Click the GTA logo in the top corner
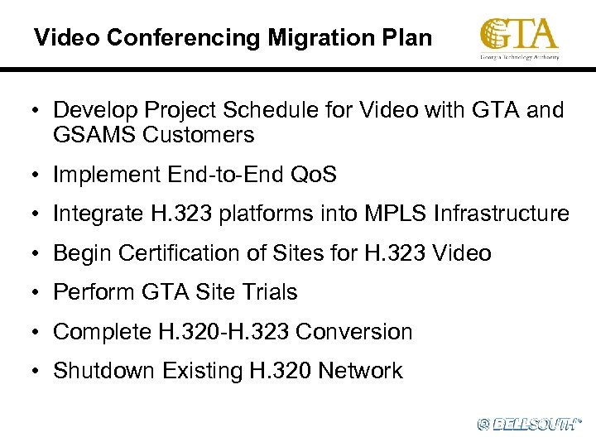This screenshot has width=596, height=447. click(x=520, y=38)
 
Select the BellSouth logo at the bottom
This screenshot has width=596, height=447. click(x=529, y=424)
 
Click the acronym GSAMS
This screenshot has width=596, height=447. click(x=92, y=134)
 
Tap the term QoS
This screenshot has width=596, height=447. click(x=314, y=174)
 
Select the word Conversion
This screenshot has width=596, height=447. click(x=353, y=332)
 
